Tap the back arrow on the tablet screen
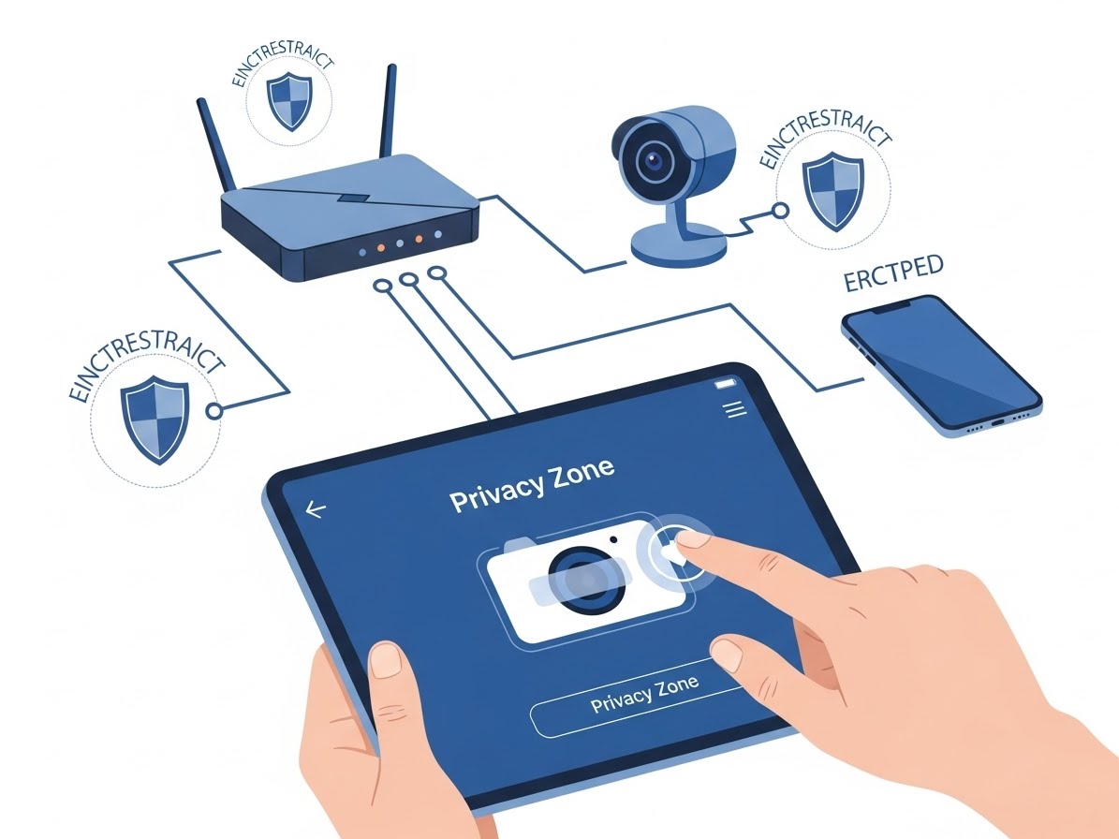(x=316, y=509)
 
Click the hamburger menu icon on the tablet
(x=734, y=408)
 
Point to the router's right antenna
(x=385, y=113)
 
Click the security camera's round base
(x=679, y=246)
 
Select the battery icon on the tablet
(x=726, y=384)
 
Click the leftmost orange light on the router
(x=379, y=250)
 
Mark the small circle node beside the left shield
(x=215, y=410)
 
